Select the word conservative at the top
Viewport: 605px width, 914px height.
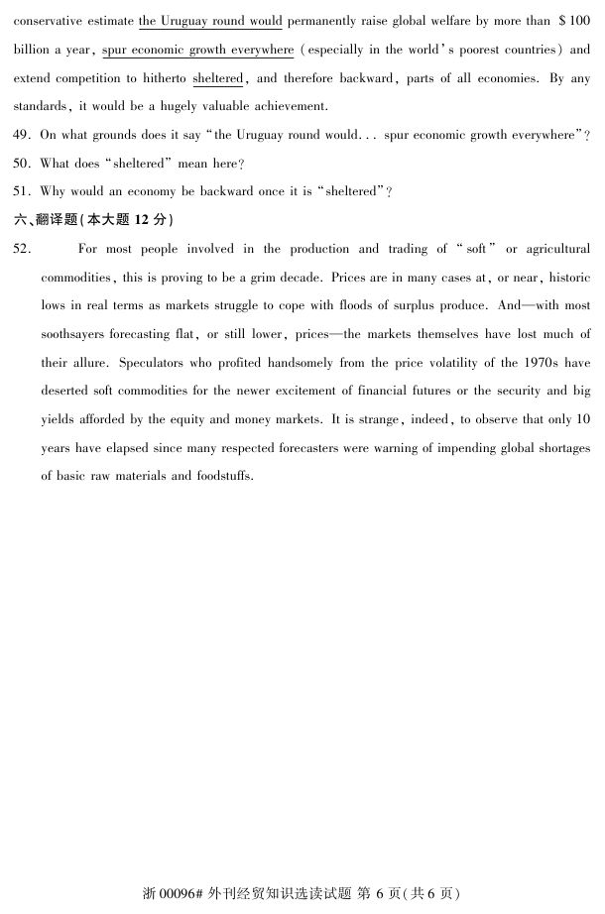coord(45,20)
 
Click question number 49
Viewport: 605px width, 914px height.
coord(22,135)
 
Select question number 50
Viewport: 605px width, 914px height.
coord(22,163)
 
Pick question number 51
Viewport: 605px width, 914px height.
coord(22,191)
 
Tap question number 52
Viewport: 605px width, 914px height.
coord(22,249)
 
